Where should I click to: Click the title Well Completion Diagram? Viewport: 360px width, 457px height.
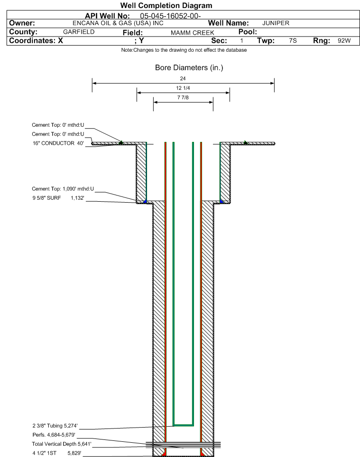(x=166, y=6)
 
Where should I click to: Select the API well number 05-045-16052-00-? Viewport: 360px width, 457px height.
(x=170, y=16)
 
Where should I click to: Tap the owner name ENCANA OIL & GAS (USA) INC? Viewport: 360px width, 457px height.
(x=118, y=23)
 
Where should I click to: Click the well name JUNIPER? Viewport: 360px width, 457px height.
(x=276, y=23)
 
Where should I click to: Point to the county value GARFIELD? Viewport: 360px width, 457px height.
(x=79, y=32)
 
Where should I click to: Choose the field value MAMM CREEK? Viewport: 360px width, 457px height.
(x=192, y=33)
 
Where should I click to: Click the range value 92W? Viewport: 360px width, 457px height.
(x=344, y=40)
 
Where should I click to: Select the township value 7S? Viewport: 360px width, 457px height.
(x=293, y=40)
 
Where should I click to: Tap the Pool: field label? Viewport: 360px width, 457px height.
(x=248, y=32)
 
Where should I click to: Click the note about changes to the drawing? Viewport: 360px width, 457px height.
(x=184, y=50)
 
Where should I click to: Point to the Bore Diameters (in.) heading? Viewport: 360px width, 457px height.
(x=189, y=67)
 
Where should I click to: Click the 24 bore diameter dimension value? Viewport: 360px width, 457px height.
(x=183, y=78)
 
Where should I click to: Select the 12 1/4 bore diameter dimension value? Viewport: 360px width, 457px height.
(x=183, y=88)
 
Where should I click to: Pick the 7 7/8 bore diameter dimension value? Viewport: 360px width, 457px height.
(x=183, y=97)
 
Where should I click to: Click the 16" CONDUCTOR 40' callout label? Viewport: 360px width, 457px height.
(x=58, y=143)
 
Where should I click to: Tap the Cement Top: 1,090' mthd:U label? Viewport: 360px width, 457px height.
(x=63, y=189)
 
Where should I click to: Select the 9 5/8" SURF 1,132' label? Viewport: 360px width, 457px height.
(x=58, y=198)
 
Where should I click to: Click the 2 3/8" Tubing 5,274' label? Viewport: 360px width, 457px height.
(x=55, y=426)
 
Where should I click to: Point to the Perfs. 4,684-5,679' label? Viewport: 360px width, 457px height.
(x=54, y=435)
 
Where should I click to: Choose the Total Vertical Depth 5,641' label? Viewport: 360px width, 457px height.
(x=62, y=444)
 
